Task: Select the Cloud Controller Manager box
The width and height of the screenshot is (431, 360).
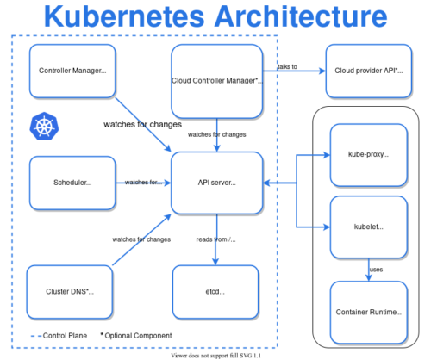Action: pos(216,79)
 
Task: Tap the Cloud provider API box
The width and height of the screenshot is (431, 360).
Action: pos(367,70)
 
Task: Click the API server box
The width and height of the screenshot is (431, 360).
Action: pos(216,183)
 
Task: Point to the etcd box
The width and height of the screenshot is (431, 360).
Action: pos(216,292)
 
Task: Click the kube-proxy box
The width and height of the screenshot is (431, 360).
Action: pos(367,155)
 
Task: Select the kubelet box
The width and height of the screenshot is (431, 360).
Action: pos(367,227)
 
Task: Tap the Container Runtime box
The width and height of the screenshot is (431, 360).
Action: pos(367,311)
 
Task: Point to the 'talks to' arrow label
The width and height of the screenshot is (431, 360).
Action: pos(287,66)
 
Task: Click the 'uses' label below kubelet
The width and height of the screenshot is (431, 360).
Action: pos(376,270)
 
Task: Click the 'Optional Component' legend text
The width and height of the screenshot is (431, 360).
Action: pos(138,335)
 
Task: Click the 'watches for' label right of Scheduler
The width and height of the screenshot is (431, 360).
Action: pos(141,183)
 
